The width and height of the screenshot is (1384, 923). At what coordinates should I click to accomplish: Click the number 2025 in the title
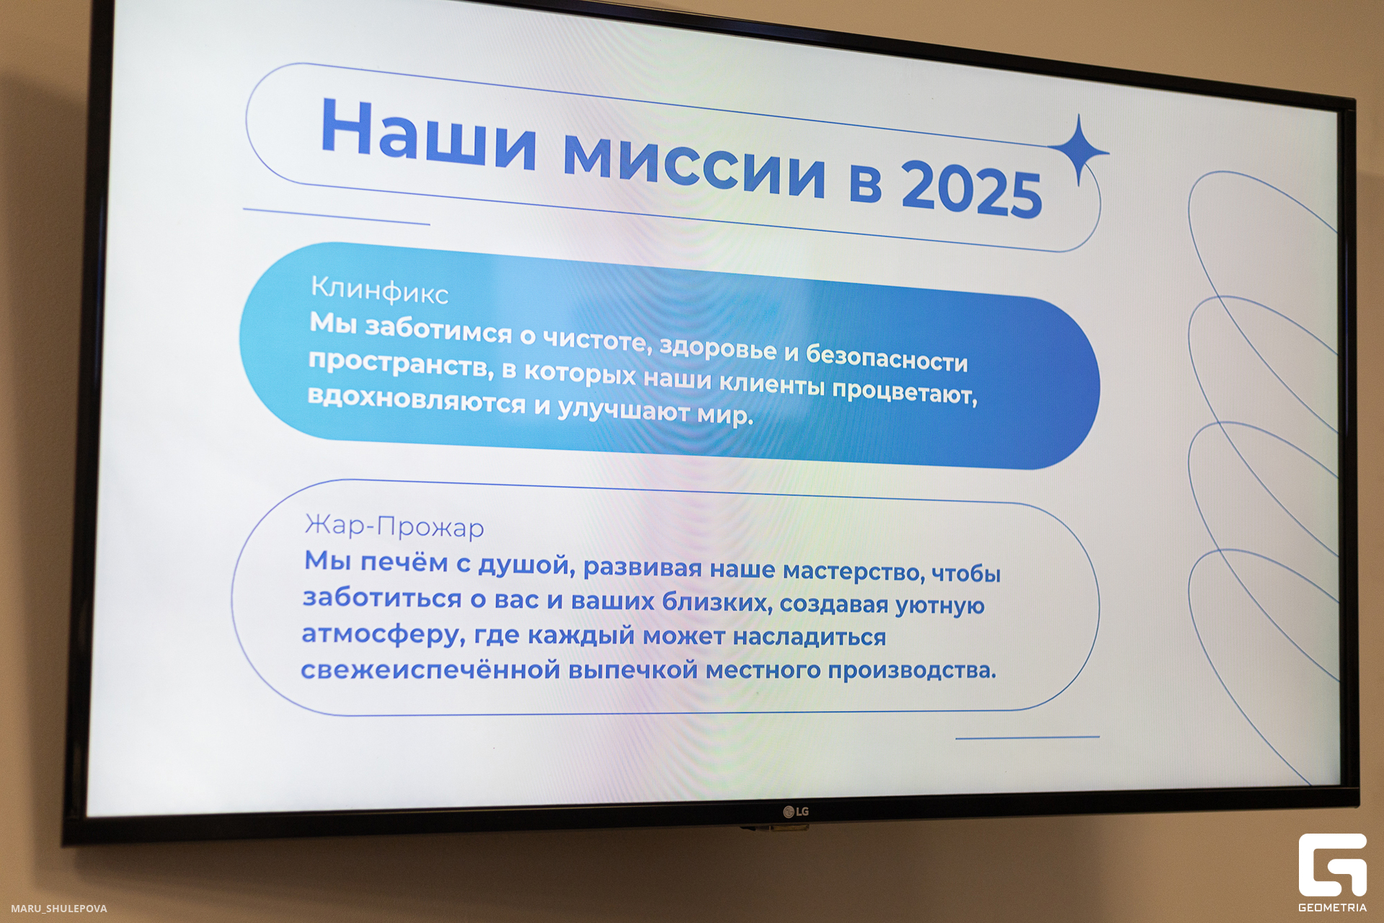pyautogui.click(x=971, y=190)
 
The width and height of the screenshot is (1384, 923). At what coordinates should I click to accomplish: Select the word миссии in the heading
pyautogui.click(x=693, y=164)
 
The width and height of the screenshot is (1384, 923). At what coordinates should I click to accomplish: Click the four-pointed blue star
pyautogui.click(x=1078, y=150)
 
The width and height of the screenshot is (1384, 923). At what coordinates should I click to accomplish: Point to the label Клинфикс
pyautogui.click(x=379, y=290)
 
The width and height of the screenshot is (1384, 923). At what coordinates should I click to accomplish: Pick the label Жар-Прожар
pyautogui.click(x=394, y=526)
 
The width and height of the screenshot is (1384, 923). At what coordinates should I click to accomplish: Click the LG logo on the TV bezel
pyautogui.click(x=796, y=811)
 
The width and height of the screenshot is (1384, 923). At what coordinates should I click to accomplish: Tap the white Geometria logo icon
pyautogui.click(x=1332, y=865)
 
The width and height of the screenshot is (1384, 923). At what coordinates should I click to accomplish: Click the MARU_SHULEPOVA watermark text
pyautogui.click(x=59, y=909)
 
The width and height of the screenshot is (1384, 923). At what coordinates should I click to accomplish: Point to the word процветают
pyautogui.click(x=905, y=392)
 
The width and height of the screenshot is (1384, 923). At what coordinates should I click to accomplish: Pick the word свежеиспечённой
pyautogui.click(x=430, y=670)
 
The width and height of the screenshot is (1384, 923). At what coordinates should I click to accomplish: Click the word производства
pyautogui.click(x=911, y=670)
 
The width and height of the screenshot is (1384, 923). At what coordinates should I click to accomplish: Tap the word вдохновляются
pyautogui.click(x=417, y=399)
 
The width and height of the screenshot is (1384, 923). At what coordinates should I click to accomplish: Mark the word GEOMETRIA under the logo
pyautogui.click(x=1332, y=908)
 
